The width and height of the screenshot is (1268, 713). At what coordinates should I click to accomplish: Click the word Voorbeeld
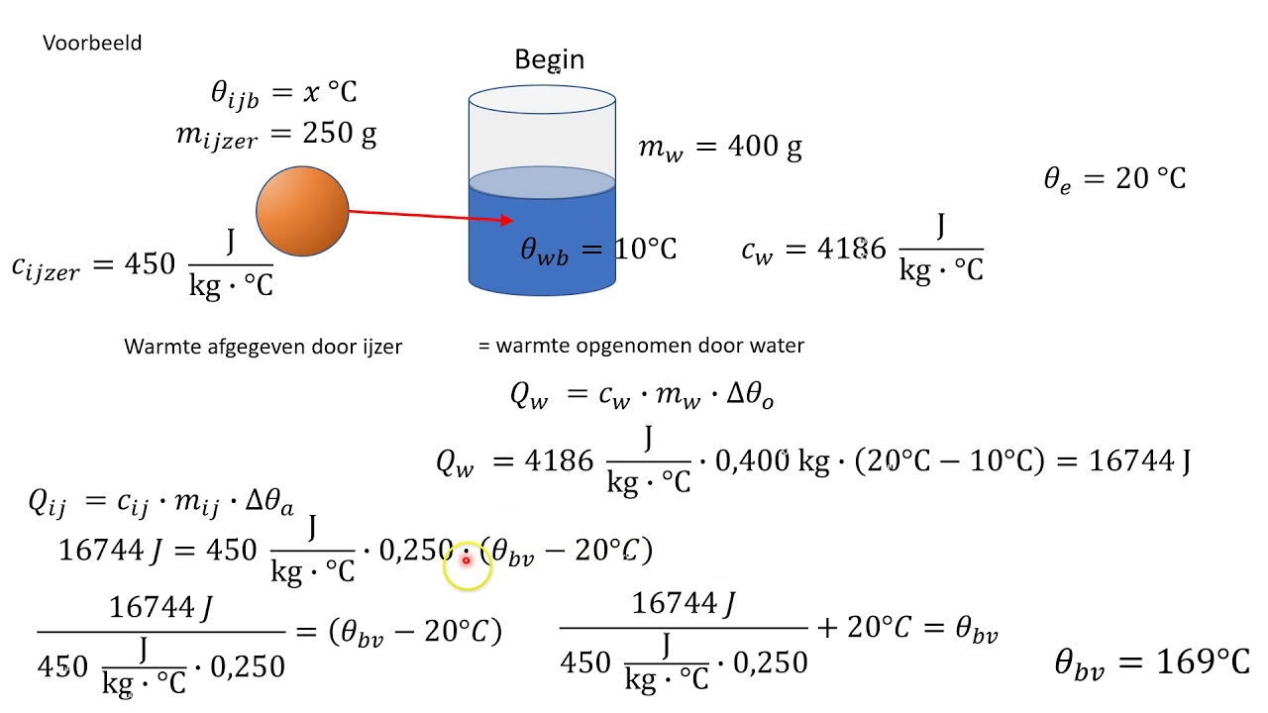point(92,44)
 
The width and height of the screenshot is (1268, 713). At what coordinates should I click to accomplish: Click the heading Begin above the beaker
point(549,59)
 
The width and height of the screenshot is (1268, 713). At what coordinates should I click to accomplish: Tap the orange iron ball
point(302,211)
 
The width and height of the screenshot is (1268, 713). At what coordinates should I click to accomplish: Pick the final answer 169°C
point(1203,662)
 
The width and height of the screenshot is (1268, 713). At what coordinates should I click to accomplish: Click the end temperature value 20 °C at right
point(1150,178)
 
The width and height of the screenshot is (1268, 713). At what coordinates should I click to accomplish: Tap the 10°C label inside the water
point(645,249)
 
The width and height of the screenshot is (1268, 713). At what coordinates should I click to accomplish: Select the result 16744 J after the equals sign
point(1139,460)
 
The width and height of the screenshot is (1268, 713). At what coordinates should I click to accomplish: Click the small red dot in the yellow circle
point(466,560)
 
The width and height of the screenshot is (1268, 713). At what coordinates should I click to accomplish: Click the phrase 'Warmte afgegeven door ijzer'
point(263,347)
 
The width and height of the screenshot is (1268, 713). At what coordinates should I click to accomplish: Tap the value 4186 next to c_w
point(851,250)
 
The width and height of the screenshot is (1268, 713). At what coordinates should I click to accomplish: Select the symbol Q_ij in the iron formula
point(48,502)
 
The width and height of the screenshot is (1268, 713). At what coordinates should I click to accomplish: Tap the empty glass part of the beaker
point(542,134)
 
